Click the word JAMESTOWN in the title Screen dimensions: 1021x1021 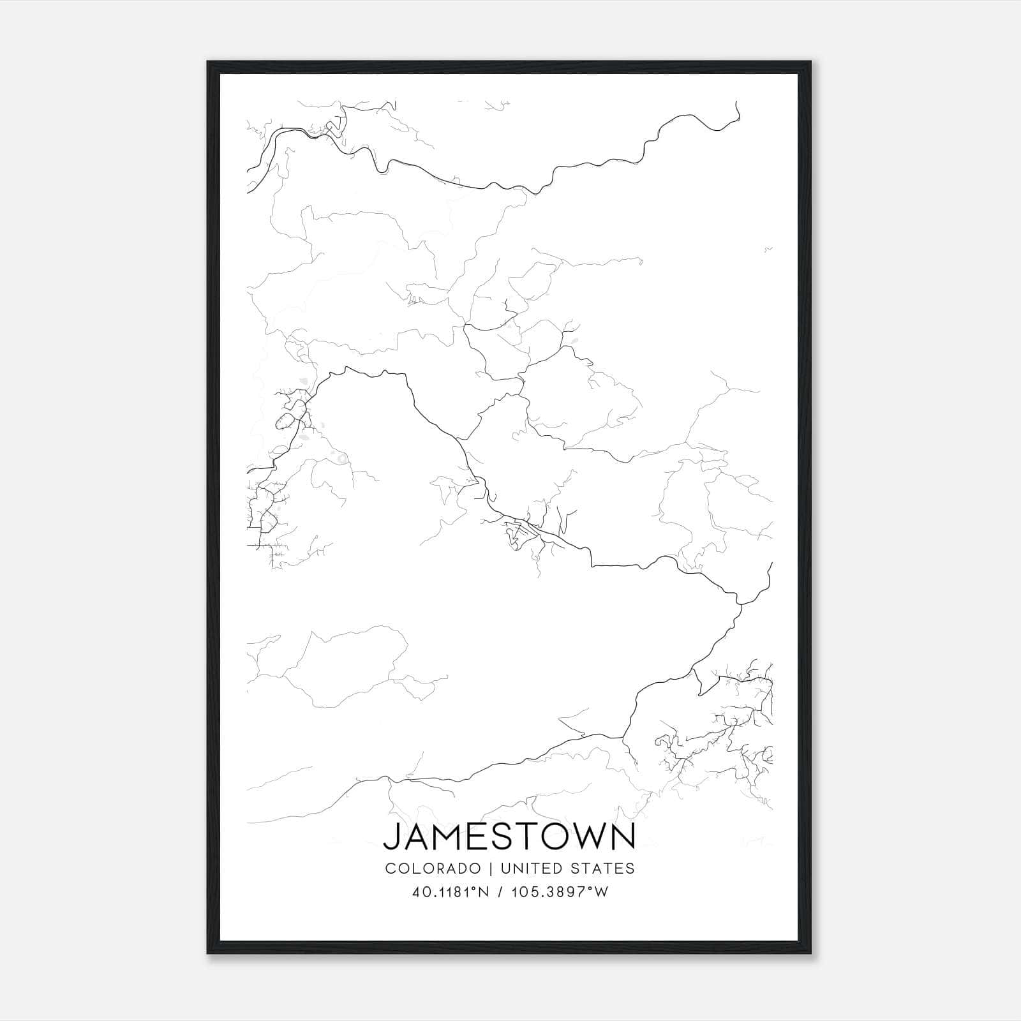(x=509, y=837)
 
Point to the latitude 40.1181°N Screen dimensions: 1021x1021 (x=451, y=892)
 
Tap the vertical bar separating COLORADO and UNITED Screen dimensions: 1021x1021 (x=491, y=868)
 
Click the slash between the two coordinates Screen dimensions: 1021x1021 (x=498, y=892)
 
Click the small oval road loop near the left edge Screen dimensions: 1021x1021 (x=285, y=421)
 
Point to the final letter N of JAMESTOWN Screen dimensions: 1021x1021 (x=623, y=837)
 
